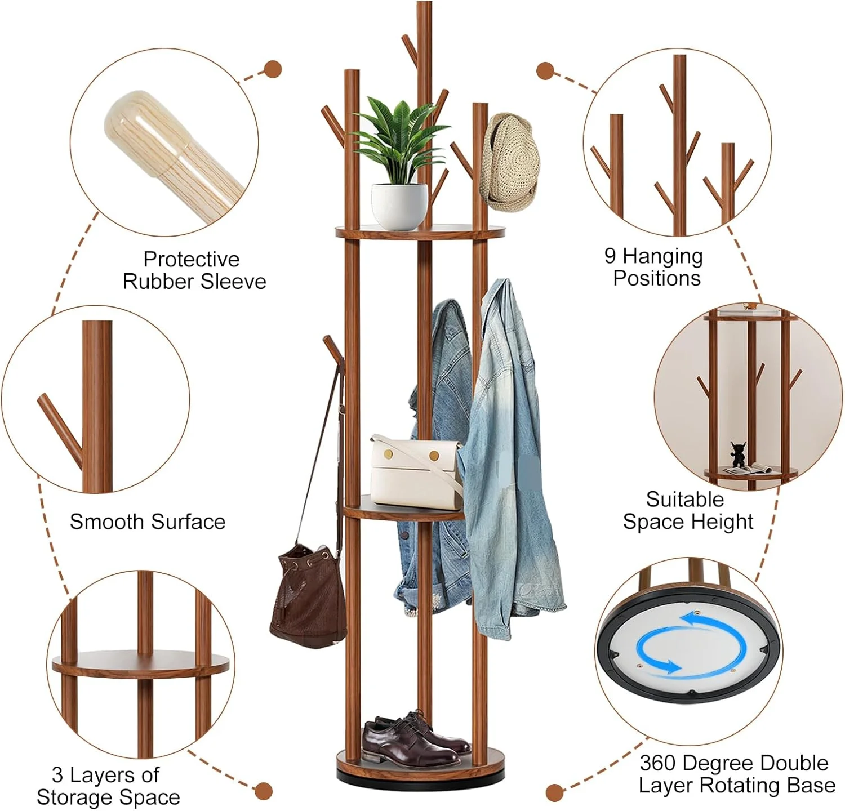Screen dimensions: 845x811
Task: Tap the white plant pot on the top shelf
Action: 399,206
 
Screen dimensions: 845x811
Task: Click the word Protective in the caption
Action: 192,259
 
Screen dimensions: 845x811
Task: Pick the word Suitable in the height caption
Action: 685,499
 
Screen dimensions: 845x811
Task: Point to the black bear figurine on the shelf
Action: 738,454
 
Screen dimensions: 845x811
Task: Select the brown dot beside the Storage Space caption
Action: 264,790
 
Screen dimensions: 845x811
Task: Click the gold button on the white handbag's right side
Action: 434,456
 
